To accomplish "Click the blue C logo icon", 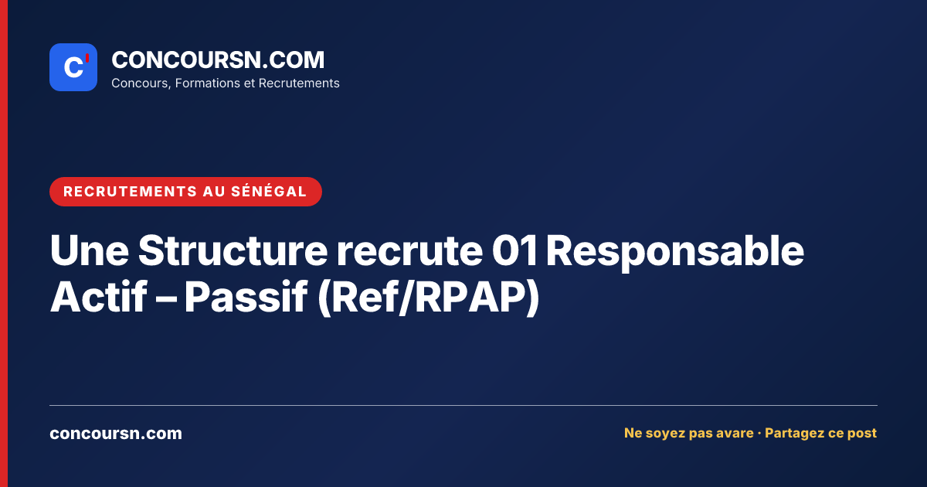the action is (73, 67).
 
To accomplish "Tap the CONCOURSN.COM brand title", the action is (218, 60).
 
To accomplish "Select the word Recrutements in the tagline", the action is (299, 83).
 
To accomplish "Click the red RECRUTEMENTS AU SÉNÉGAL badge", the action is (185, 192).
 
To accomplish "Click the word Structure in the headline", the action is (233, 250).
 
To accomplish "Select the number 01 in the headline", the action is (514, 250).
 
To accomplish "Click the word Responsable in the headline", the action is (675, 253).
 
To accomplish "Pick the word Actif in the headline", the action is (99, 296).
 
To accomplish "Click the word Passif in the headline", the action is (246, 296).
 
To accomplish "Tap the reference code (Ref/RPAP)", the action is (428, 297).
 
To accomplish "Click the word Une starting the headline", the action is (90, 250).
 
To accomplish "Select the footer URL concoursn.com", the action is (116, 433).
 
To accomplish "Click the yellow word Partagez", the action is (794, 433).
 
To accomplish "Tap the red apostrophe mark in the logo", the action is (87, 58).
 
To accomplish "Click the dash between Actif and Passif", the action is (165, 298).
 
